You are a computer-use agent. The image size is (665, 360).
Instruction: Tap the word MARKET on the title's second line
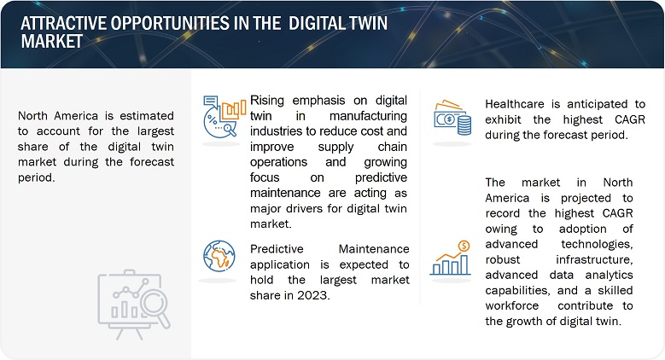(52, 41)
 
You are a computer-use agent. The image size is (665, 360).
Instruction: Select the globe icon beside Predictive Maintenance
(219, 256)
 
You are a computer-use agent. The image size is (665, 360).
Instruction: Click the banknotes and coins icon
(452, 118)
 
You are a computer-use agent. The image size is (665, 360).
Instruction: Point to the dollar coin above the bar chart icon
(464, 246)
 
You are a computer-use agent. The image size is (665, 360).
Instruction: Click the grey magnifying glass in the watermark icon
(155, 308)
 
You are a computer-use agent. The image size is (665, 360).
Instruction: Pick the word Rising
(266, 101)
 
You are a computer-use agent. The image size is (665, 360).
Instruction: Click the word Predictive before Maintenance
(277, 249)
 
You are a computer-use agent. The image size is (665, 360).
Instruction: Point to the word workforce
(512, 305)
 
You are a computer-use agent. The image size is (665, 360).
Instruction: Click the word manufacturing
(368, 116)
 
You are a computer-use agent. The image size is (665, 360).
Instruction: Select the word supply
(335, 148)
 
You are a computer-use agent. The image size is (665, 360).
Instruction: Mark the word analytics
(609, 276)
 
